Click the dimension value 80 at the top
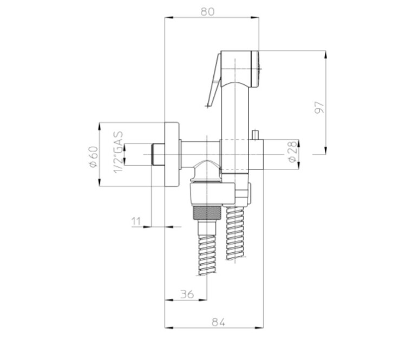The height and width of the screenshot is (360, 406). tap(208, 12)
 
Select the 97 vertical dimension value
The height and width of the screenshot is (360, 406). tap(319, 107)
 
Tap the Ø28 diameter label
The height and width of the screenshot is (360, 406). tap(292, 152)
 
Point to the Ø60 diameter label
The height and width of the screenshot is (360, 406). tap(94, 156)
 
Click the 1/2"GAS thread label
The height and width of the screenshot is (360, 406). tap(118, 152)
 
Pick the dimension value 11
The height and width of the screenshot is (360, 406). tap(136, 221)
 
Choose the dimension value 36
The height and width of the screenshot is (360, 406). tap(187, 294)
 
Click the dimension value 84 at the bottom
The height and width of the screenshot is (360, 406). tap(219, 322)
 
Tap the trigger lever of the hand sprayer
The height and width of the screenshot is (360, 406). tap(214, 80)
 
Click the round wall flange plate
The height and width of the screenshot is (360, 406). tap(172, 154)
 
